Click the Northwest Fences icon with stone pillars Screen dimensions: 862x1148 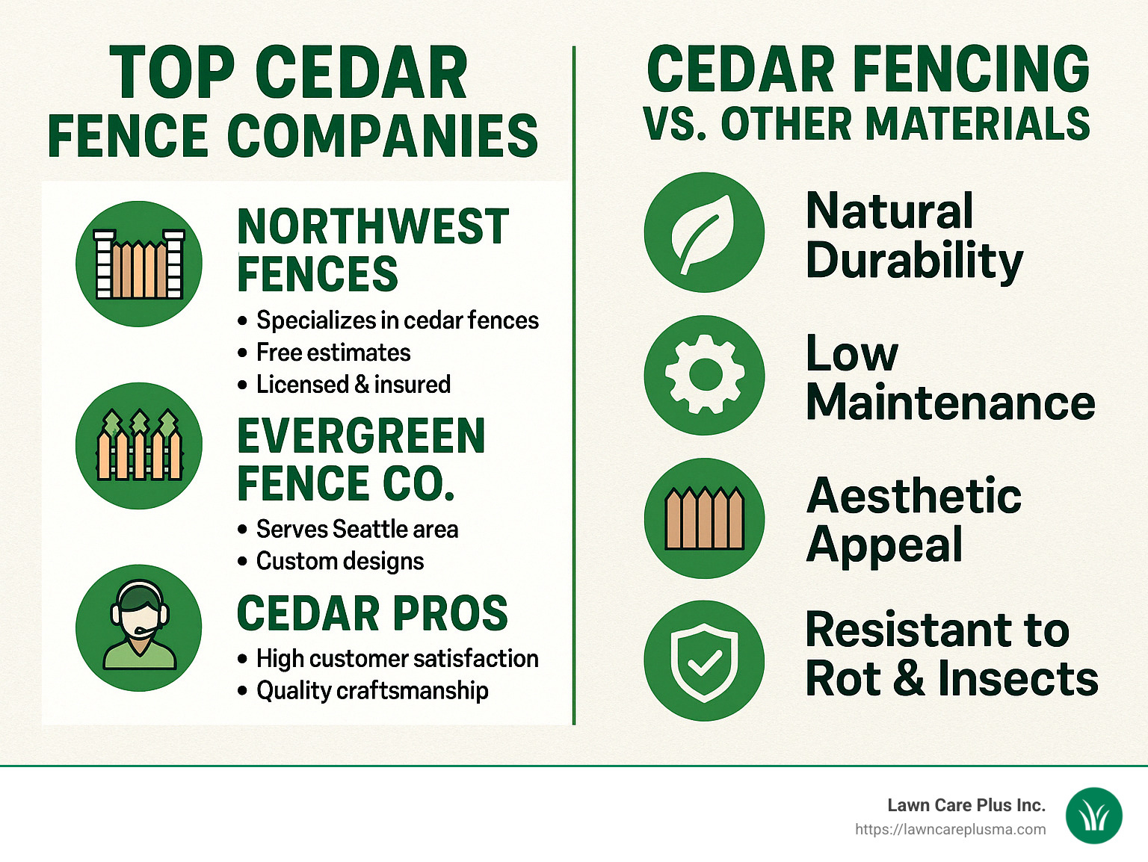tap(139, 264)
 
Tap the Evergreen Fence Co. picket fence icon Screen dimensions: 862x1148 tap(139, 446)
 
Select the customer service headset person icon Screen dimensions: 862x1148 tap(139, 627)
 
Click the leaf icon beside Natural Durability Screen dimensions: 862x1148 tap(704, 232)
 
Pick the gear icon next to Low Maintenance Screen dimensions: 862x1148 tap(704, 375)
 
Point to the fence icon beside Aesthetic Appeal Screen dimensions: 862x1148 tap(704, 518)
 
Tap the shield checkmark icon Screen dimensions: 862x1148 tap(704, 660)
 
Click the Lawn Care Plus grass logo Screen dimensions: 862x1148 tap(1093, 816)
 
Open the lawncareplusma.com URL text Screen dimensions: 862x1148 tap(950, 829)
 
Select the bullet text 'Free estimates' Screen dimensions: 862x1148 tap(333, 353)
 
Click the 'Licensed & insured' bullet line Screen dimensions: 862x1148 tap(353, 385)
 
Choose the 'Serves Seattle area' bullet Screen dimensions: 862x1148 tap(357, 530)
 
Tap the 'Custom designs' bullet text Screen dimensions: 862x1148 tap(339, 561)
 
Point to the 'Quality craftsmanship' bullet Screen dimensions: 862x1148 tap(371, 691)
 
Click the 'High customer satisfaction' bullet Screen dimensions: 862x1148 tap(397, 659)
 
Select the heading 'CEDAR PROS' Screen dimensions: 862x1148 tap(372, 614)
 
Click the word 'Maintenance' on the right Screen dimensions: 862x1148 tap(950, 403)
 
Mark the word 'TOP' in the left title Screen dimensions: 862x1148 tap(172, 73)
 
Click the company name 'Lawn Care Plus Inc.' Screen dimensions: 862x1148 tap(966, 805)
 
